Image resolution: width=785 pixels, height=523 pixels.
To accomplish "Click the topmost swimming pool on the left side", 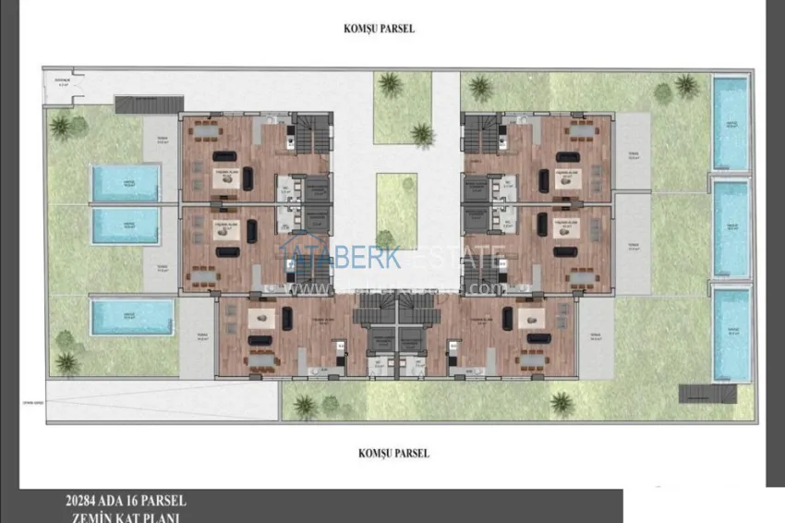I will [126, 182].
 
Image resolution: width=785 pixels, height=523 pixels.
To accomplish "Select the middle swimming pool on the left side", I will [126, 225].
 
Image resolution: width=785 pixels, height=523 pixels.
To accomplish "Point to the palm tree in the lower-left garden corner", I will [66, 363].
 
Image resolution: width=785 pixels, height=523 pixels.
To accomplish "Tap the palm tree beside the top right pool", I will [686, 87].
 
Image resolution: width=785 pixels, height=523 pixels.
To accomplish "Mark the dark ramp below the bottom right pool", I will [706, 394].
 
